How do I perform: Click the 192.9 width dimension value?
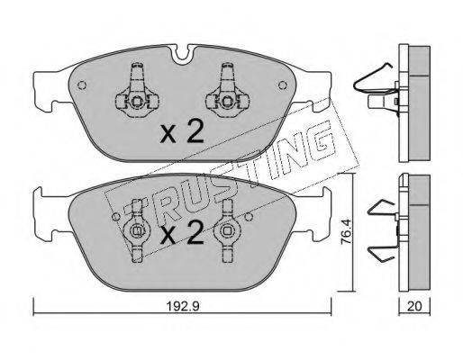coord(183,306)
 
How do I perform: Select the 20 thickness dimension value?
coord(414,306)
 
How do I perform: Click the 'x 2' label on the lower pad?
coord(182,232)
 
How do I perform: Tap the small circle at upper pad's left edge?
coord(82,85)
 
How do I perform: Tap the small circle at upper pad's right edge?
coord(283,85)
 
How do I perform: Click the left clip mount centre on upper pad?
coord(137,102)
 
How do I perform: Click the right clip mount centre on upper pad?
coord(227,102)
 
